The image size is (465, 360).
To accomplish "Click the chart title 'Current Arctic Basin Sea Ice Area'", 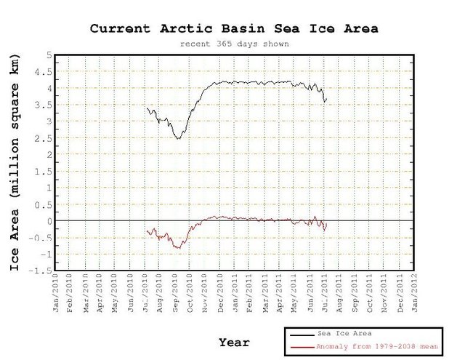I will click(235, 28).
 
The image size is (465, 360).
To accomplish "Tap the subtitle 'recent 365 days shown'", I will click(235, 43).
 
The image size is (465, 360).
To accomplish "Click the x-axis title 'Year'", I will click(234, 342).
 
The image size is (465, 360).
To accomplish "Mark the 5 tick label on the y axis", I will click(47, 55).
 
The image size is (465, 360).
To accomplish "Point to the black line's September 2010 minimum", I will click(177, 138).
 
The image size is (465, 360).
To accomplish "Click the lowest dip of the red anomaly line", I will click(177, 248).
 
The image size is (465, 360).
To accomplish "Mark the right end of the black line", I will click(326, 98).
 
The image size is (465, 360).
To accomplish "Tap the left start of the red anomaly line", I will click(147, 231).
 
